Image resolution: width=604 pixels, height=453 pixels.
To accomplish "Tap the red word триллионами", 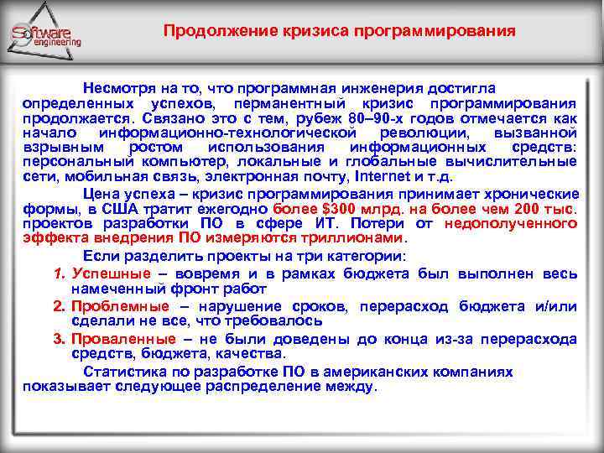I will pyautogui.click(x=340, y=237).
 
